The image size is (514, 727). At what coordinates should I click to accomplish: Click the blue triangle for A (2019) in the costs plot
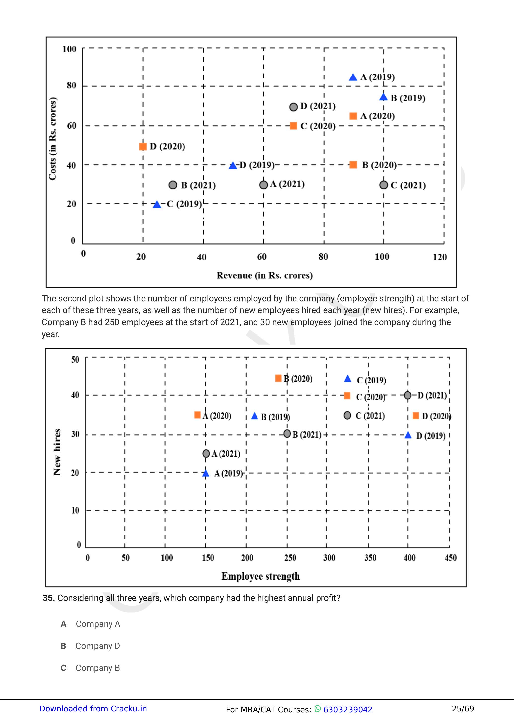click(353, 77)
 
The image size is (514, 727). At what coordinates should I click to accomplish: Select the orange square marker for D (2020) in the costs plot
click(143, 146)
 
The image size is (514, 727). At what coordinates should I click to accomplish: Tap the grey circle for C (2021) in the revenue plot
click(384, 185)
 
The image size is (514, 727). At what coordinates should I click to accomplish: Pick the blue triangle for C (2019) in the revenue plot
click(157, 205)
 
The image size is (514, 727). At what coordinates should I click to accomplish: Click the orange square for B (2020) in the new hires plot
click(278, 378)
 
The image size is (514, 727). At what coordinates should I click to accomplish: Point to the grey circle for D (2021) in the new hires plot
click(408, 395)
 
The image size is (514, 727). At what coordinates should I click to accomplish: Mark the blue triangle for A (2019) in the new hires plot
click(206, 473)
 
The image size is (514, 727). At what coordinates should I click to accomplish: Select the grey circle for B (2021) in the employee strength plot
click(287, 434)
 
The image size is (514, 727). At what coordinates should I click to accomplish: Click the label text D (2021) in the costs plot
click(318, 106)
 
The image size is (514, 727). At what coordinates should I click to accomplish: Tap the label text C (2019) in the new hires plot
click(371, 380)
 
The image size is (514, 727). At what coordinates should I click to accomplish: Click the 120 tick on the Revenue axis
click(440, 257)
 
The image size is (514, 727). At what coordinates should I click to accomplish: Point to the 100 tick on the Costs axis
click(69, 49)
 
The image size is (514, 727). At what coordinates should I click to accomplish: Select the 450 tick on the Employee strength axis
click(450, 558)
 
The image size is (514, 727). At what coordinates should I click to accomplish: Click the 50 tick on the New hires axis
click(75, 360)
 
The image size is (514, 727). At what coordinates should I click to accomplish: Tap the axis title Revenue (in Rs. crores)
click(264, 275)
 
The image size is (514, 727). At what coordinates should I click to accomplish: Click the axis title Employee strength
click(260, 576)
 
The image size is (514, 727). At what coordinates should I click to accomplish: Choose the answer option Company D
click(98, 646)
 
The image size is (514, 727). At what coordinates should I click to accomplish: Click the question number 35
click(49, 598)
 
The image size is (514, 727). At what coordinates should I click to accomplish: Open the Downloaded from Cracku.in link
click(93, 709)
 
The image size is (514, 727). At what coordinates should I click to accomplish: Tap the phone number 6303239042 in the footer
click(348, 710)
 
